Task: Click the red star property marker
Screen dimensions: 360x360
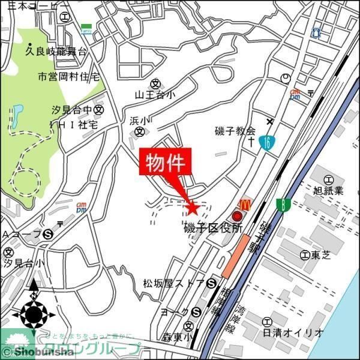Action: (x=193, y=208)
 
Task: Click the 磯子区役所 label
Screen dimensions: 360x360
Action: (x=214, y=228)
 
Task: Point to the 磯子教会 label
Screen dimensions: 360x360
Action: (x=235, y=131)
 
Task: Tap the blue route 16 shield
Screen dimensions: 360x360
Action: (x=265, y=142)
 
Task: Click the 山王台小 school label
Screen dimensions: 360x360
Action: (x=155, y=94)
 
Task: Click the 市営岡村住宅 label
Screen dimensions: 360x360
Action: (x=68, y=77)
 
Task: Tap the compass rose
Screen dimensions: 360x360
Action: (x=34, y=313)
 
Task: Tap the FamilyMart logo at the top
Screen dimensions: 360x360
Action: (x=86, y=28)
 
